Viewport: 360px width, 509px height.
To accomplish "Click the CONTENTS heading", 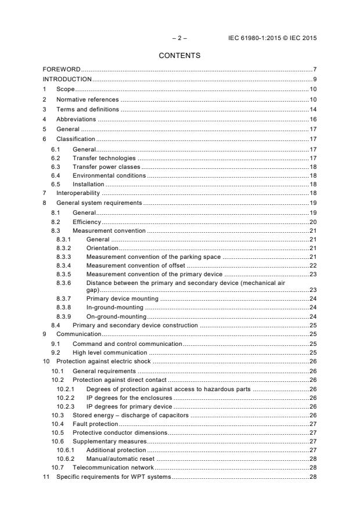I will pos(179,56).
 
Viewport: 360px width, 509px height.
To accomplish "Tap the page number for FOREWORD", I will pos(314,69).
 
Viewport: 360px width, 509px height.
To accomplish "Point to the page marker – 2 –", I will pos(179,38).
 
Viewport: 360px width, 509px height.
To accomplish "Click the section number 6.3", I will pos(55,166).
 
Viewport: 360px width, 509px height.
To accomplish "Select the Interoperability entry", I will pos(78,192).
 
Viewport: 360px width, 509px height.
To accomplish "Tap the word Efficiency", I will pos(87,222).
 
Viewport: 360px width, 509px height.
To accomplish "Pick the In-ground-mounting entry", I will pos(113,307).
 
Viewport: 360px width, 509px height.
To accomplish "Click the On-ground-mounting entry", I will pos(116,316).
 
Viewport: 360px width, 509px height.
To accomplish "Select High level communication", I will pos(110,352).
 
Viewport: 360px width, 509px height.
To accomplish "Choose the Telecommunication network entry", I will pos(113,467).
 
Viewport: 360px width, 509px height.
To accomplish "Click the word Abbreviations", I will pos(77,118).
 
